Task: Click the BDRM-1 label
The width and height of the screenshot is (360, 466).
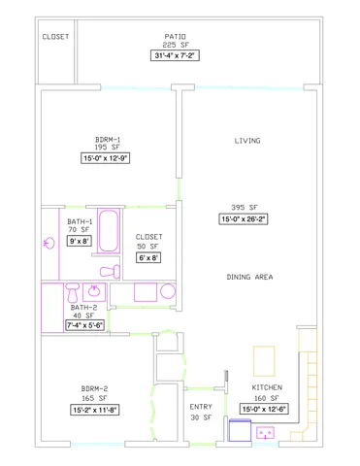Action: click(109, 139)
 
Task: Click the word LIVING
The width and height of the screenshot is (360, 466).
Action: click(247, 141)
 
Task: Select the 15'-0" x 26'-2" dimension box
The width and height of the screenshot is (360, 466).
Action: click(245, 219)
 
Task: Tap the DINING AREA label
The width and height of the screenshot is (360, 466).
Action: click(249, 278)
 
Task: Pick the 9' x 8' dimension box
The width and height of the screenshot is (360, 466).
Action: click(79, 241)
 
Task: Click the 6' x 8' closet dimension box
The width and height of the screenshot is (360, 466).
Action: click(148, 257)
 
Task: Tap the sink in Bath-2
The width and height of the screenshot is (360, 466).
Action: click(94, 290)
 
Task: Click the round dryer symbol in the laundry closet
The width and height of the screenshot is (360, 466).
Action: click(166, 291)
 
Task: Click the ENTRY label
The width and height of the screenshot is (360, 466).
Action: click(201, 407)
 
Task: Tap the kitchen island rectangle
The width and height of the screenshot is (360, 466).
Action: click(264, 361)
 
